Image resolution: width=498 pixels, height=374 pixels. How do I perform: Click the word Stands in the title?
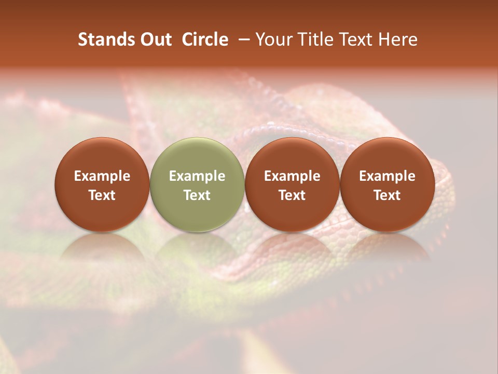pos(104,39)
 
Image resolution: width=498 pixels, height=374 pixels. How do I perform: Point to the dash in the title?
pos(242,39)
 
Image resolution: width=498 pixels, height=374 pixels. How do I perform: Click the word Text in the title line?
pos(352,39)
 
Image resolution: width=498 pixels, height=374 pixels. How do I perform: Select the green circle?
pos(197,184)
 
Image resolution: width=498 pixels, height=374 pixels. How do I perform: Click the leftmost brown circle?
pos(102,184)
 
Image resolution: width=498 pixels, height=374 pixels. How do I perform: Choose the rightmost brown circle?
pos(388,184)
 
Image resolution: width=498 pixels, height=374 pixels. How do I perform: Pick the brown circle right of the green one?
pos(292,184)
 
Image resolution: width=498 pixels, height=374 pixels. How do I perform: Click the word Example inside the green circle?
pos(197,176)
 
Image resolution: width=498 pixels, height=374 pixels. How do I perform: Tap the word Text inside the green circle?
pos(197,195)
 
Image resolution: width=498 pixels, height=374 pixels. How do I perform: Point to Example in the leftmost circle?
pos(102,176)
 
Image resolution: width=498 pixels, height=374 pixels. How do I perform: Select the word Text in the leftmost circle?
pos(102,195)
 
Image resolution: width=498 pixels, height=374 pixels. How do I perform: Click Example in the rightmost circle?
pos(388,176)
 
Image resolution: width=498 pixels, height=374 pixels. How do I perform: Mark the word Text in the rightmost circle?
pos(388,195)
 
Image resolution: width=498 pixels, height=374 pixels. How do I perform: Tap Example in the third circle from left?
pos(292,176)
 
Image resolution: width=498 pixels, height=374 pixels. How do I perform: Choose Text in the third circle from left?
pos(292,195)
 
